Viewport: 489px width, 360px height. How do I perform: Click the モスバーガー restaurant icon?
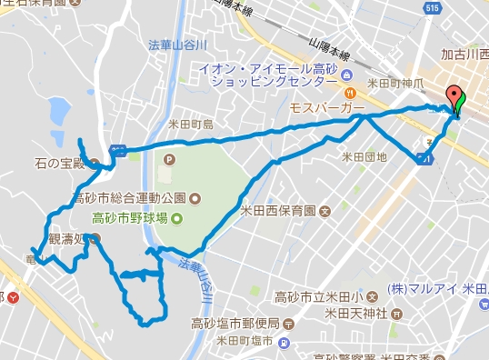point(349,93)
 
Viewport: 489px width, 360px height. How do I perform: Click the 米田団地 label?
point(364,156)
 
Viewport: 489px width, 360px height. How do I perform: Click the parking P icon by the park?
point(168,158)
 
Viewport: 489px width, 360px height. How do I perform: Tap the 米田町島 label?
point(191,124)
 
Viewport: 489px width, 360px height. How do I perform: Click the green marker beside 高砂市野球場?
point(177,217)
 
